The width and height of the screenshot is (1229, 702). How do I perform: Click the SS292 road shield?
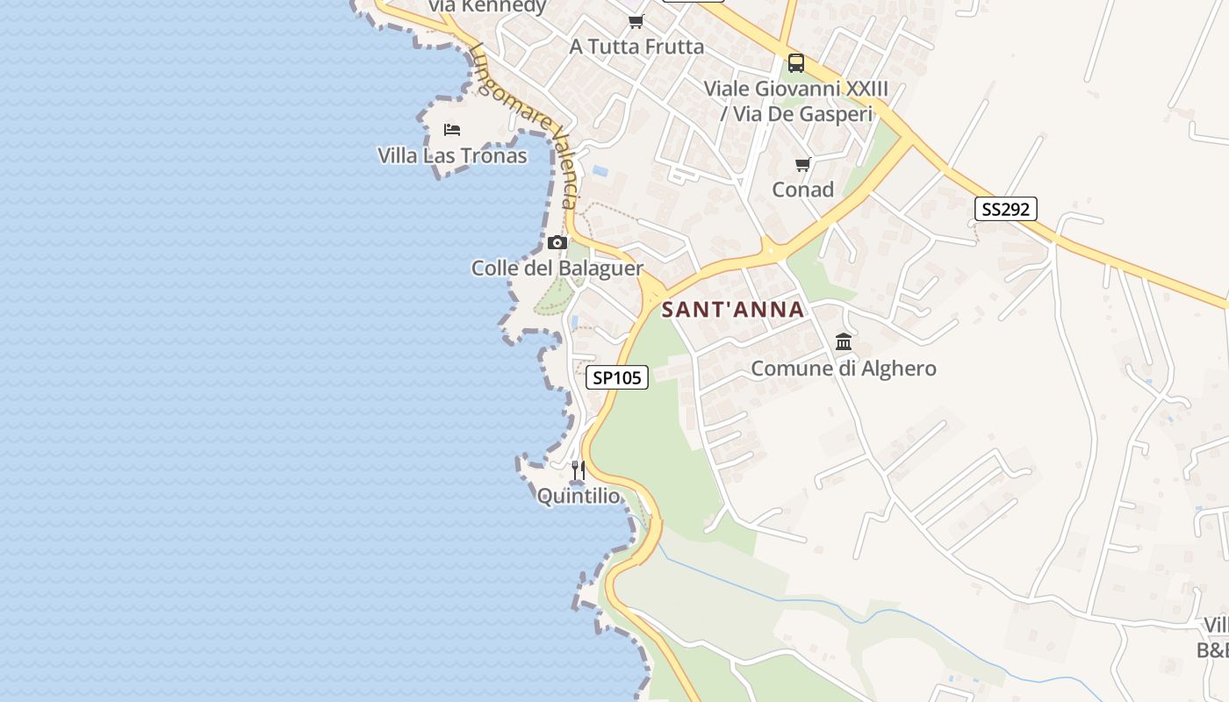click(x=1005, y=209)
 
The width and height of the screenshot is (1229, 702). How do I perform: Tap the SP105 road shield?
click(x=616, y=377)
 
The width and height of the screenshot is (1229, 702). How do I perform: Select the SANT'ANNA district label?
click(x=733, y=309)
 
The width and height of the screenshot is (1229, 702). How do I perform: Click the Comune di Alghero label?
click(x=843, y=368)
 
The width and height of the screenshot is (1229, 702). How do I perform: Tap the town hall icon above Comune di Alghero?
click(x=844, y=341)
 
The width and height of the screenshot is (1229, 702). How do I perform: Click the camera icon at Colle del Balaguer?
click(x=557, y=242)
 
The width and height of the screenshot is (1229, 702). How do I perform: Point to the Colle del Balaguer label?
click(x=557, y=268)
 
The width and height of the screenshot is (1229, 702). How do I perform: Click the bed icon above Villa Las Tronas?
click(x=452, y=130)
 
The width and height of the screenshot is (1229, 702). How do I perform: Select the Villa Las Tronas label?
click(x=452, y=155)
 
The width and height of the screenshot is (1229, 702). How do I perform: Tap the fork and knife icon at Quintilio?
click(x=578, y=470)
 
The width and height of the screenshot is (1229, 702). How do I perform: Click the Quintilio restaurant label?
click(x=579, y=496)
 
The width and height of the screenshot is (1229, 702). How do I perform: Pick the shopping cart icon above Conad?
click(x=802, y=164)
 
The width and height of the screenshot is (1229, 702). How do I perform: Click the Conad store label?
click(x=802, y=190)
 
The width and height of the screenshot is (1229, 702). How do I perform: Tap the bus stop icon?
click(x=796, y=63)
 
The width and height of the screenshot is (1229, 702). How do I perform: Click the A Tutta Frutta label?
click(x=636, y=47)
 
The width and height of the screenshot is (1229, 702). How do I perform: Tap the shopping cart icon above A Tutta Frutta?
click(x=636, y=21)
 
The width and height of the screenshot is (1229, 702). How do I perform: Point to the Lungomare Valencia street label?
click(x=527, y=123)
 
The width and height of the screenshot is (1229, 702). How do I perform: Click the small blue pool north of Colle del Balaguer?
click(x=600, y=170)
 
